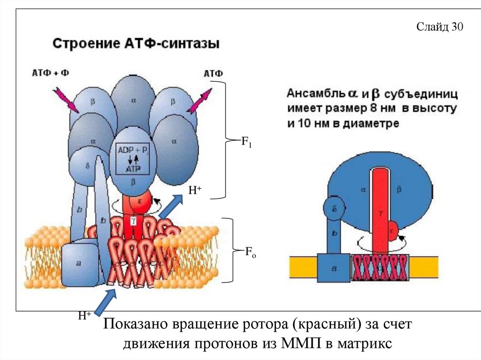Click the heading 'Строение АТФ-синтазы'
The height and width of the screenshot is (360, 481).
(136, 45)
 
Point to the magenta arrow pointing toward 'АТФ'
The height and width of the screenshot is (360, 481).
(199, 101)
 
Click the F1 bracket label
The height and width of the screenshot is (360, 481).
(247, 142)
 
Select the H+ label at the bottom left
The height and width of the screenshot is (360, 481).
(85, 316)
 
